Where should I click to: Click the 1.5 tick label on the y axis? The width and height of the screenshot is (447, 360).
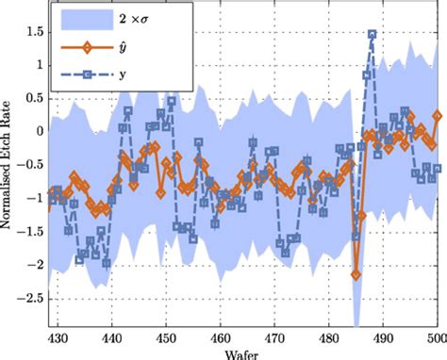[x=34, y=31]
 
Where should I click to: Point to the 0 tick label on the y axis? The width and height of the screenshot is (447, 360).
[x=40, y=131]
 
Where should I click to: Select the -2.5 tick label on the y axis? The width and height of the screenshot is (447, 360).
[x=30, y=298]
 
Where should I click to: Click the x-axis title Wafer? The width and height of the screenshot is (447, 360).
[x=243, y=354]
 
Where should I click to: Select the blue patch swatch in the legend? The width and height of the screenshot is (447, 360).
[x=86, y=19]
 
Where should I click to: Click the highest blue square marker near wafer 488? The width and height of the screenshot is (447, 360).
[x=372, y=35]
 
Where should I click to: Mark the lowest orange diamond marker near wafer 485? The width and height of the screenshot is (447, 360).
[x=356, y=274]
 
